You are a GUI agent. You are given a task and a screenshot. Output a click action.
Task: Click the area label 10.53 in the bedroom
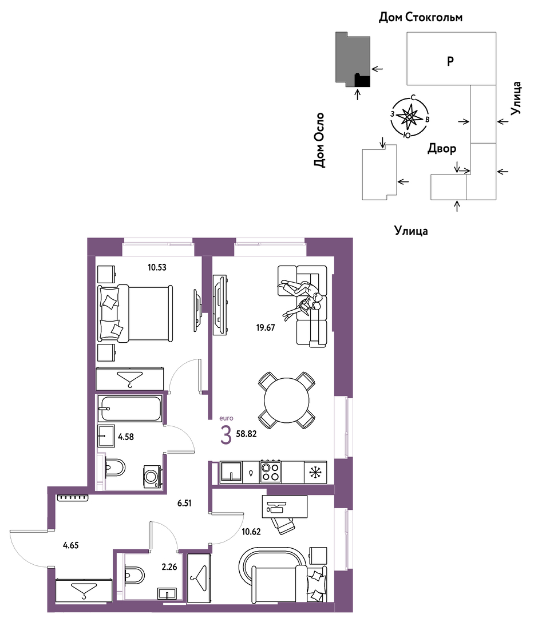point(157,267)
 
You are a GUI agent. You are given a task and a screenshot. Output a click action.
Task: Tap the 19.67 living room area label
point(266,327)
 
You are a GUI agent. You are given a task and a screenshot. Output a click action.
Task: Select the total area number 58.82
point(246,434)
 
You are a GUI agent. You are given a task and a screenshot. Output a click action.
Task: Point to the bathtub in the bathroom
point(130,409)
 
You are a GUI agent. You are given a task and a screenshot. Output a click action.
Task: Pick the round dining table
point(287,401)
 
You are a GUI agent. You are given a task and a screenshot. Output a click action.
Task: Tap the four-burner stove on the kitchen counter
point(270,472)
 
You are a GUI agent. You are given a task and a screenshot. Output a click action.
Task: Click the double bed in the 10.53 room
point(135,314)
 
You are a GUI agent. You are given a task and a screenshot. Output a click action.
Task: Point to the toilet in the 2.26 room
point(135,575)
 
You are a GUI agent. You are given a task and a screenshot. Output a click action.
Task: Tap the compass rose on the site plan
point(410,117)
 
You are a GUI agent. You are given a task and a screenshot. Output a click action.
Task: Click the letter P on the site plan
point(450,61)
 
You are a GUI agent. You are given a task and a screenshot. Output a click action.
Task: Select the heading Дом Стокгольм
point(421,17)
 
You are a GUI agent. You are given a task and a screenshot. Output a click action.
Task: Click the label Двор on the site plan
point(442,149)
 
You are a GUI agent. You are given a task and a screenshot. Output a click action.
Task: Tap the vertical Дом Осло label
point(319,140)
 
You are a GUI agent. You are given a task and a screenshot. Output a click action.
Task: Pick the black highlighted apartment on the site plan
point(362,81)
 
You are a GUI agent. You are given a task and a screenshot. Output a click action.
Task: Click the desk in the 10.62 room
point(284,506)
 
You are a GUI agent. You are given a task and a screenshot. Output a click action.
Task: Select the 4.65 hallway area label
point(71,545)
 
